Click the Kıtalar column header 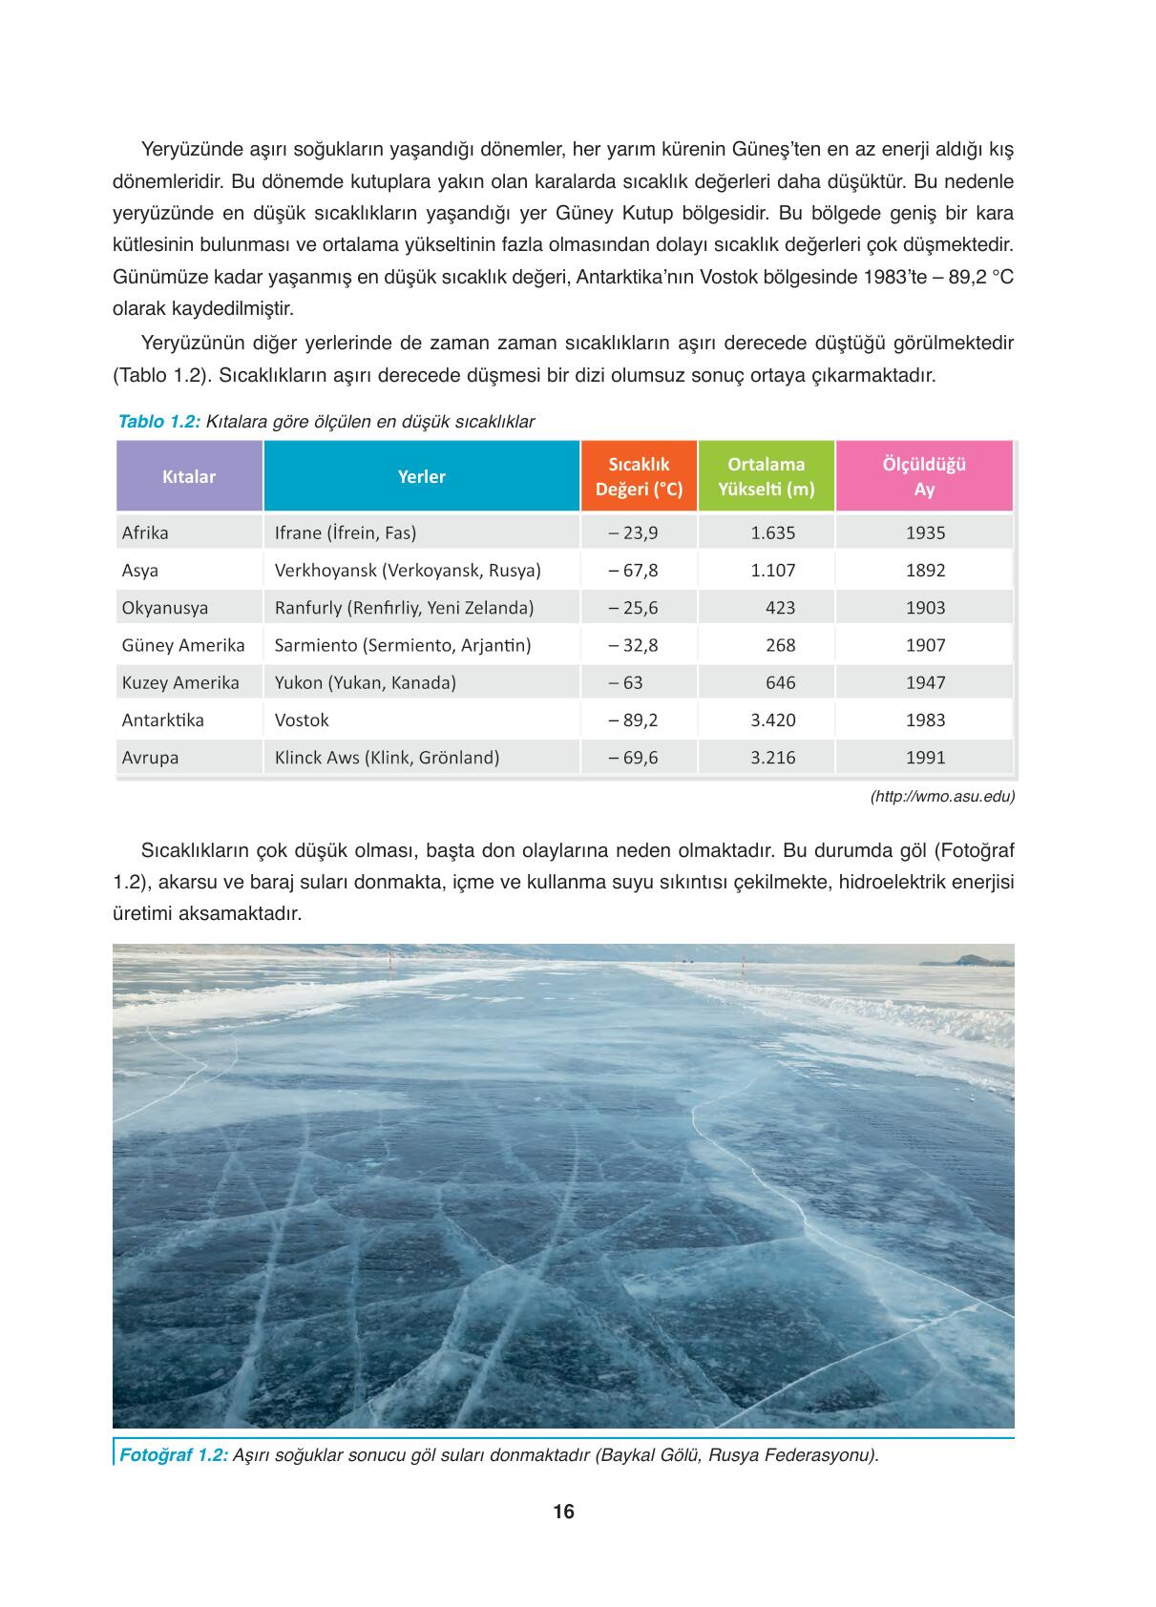189,476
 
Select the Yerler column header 421,476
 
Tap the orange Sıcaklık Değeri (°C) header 639,476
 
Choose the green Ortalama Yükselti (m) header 766,476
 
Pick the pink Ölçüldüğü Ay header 924,476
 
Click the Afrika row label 145,532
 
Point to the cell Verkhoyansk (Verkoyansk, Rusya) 408,571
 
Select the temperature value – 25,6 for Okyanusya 633,608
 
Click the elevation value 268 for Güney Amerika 780,645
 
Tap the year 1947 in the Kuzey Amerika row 925,682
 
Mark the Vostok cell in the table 302,720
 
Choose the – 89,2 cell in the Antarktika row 633,720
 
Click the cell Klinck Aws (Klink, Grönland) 387,758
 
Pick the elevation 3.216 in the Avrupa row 772,758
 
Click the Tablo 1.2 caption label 158,422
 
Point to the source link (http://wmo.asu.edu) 941,796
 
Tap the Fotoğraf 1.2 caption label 173,1455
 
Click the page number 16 563,1512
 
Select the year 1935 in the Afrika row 925,532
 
